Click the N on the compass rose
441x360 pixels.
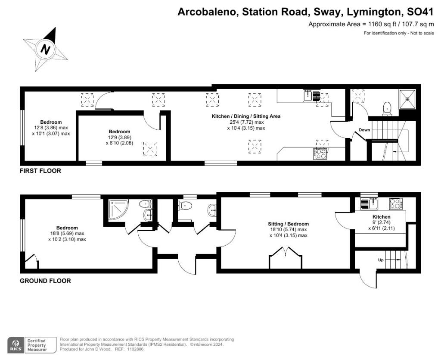[x=45, y=49]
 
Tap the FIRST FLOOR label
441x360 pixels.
[x=40, y=171]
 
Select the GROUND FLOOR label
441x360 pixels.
[x=45, y=281]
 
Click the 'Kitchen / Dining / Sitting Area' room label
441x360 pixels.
[x=246, y=116]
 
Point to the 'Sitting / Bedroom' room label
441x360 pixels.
[x=288, y=224]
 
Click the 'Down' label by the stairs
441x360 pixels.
[x=364, y=130]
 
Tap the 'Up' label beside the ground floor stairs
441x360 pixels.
[x=381, y=260]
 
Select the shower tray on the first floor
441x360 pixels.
[x=407, y=98]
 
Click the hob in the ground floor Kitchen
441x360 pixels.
[x=396, y=204]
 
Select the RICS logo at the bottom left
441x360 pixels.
[x=16, y=344]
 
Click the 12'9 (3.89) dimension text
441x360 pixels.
[x=120, y=138]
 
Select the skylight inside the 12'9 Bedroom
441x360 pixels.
[x=150, y=149]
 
